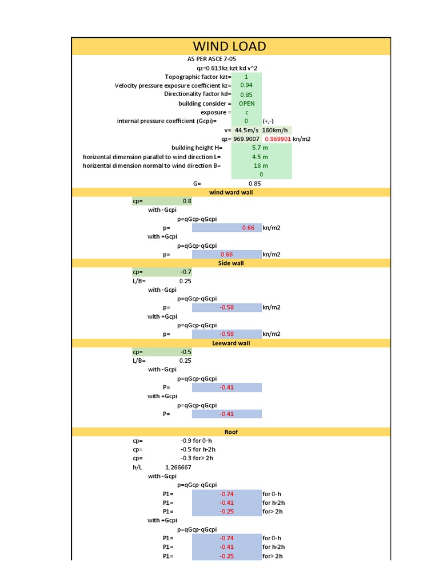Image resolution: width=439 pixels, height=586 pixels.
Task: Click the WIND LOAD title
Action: click(x=230, y=46)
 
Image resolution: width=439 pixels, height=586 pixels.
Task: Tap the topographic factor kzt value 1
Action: click(x=246, y=77)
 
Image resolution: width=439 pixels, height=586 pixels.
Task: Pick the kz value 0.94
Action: click(x=246, y=85)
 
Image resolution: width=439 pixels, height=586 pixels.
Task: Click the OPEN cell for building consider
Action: click(x=246, y=104)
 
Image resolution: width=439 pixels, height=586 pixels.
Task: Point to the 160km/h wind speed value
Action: click(x=275, y=130)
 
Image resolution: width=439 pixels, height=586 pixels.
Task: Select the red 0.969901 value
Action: click(x=278, y=139)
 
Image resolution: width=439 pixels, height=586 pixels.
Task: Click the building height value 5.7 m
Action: click(x=260, y=148)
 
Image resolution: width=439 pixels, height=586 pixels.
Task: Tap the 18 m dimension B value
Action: click(x=261, y=165)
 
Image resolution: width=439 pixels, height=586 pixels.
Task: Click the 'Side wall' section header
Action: click(x=230, y=263)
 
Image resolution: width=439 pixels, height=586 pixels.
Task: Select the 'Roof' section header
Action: click(x=230, y=431)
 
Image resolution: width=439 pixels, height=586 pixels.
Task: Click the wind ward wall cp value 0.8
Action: click(x=186, y=201)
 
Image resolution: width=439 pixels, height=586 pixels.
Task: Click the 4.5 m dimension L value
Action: click(x=260, y=157)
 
